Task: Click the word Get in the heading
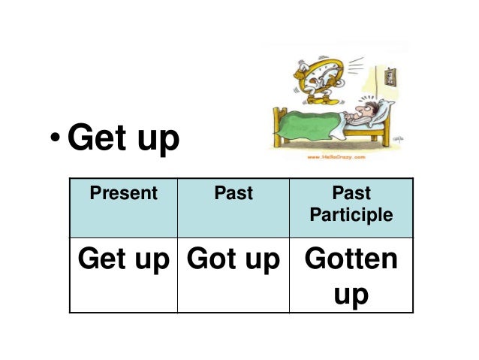coord(97,139)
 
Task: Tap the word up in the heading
coord(155,143)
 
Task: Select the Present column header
coord(123,193)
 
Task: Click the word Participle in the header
coord(351,216)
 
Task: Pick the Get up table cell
coord(123,259)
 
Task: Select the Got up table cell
coord(233,259)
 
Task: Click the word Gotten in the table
coord(351,259)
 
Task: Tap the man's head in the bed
coord(361,113)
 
